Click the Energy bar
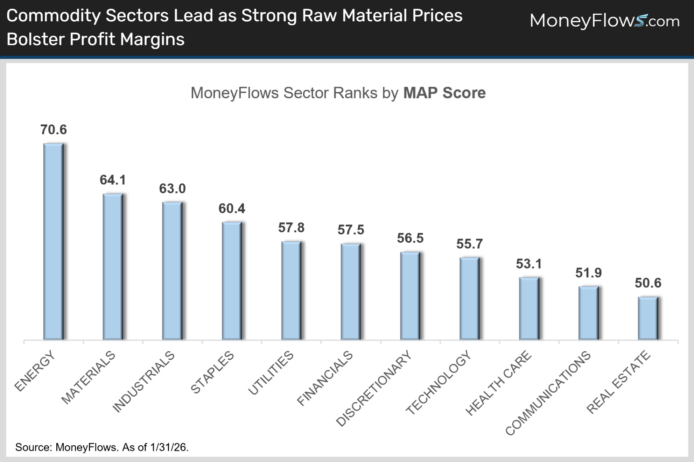tap(53, 241)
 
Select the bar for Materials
tap(113, 266)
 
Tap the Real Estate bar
tap(648, 318)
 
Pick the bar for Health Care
tap(529, 308)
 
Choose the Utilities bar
tap(291, 290)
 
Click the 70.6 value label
tap(53, 130)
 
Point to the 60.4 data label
tap(232, 208)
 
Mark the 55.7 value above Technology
tap(469, 244)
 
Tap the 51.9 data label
tap(588, 273)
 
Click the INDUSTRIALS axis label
tap(143, 382)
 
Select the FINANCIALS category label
tap(325, 378)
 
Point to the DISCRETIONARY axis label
tap(374, 388)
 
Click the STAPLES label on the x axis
tap(212, 372)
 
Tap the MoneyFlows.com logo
tap(604, 21)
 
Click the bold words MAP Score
tap(444, 93)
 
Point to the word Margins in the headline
tap(152, 39)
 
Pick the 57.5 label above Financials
tap(351, 230)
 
